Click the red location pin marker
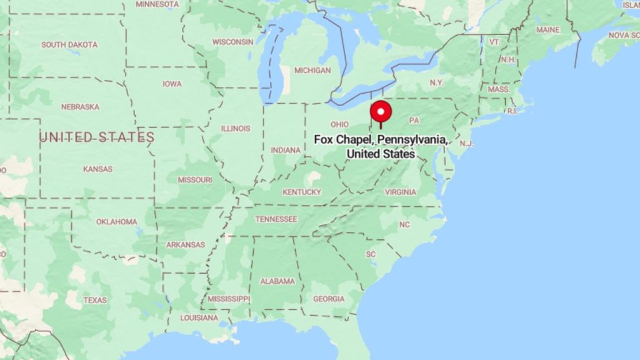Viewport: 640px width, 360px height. pos(381,112)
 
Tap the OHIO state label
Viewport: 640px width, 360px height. pos(339,124)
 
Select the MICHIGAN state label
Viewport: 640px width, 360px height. pos(312,71)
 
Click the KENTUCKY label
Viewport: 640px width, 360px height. pos(301,192)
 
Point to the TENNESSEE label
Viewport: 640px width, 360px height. pos(276,219)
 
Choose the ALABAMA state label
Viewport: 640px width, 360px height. pos(277,281)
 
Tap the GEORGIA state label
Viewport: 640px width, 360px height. pos(329,299)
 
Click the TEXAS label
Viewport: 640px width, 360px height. pos(95,300)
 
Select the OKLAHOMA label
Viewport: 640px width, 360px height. pos(116,221)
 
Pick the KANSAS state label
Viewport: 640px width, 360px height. pos(97,169)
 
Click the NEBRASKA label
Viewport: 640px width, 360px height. pos(80,106)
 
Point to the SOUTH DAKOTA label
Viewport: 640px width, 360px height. pos(69,44)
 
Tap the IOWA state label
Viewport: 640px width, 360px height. pos(172,84)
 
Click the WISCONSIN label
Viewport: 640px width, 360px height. pos(232,42)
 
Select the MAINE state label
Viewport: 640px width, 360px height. pos(547,29)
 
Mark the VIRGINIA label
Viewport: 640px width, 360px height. pos(400,192)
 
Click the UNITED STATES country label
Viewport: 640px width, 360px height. pos(97,137)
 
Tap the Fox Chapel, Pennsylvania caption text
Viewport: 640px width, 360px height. pos(381,147)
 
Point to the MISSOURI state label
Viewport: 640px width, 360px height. pos(195,179)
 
